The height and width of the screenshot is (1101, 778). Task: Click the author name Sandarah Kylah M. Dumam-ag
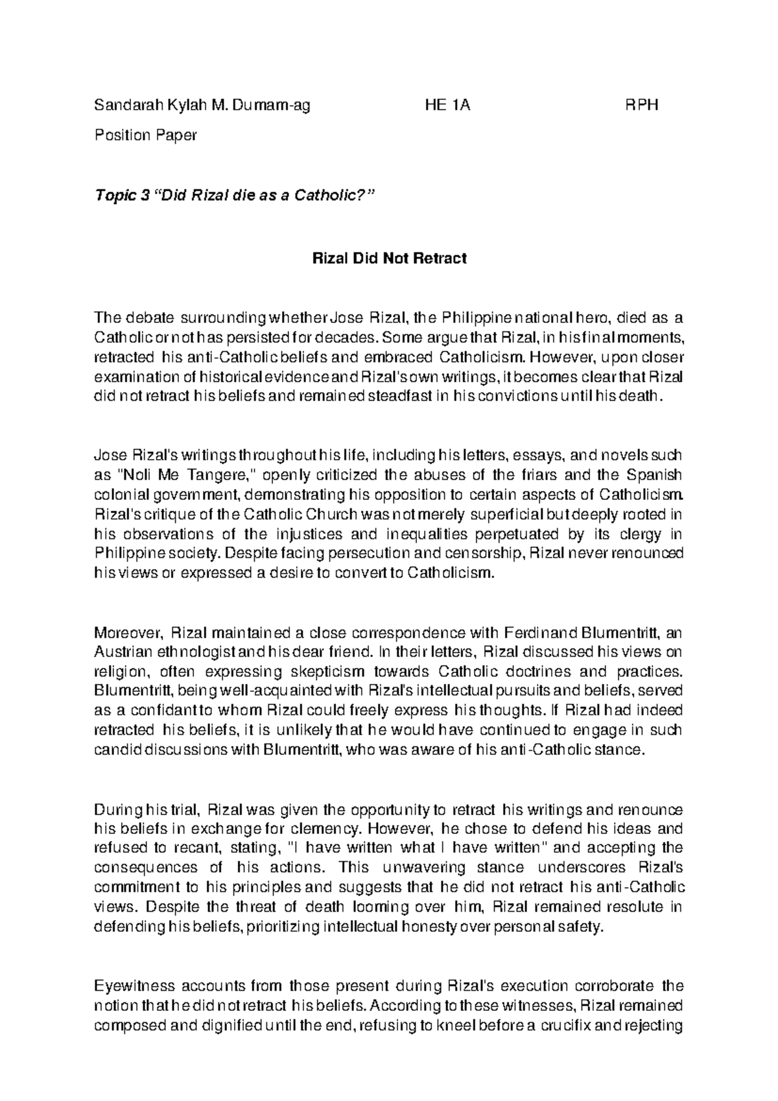point(202,105)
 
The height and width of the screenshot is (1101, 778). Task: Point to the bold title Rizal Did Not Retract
point(390,258)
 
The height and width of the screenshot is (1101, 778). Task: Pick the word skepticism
point(333,670)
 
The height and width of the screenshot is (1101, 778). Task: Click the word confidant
point(152,709)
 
